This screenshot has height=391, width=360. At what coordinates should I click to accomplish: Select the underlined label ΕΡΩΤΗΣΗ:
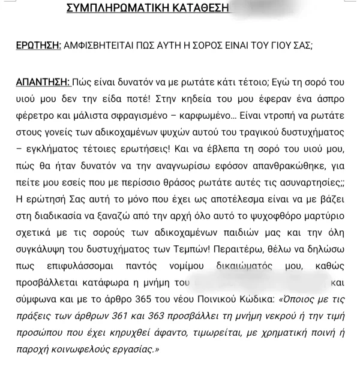[38, 46]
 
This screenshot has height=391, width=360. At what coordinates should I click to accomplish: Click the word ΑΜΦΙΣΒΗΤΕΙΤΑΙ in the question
[101, 46]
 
